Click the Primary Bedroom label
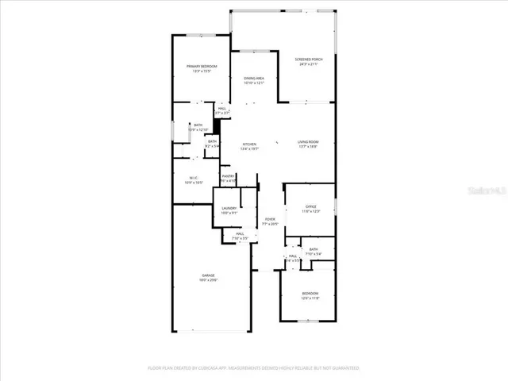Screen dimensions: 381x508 tap(202, 66)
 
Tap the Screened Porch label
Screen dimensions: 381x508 tap(308, 60)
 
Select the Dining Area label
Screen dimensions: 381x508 tap(253, 79)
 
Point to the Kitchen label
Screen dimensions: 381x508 tap(249, 144)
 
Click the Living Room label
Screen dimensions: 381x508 tap(308, 142)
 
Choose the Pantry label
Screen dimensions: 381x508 tap(228, 176)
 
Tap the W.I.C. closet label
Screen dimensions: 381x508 tap(193, 177)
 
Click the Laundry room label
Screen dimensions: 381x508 tap(229, 208)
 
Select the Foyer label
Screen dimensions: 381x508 tap(270, 220)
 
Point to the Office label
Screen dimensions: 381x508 tap(308, 207)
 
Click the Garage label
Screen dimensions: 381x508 tap(208, 275)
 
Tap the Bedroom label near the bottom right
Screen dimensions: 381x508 tap(310, 293)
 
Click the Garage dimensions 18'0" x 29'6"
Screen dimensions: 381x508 tap(208, 280)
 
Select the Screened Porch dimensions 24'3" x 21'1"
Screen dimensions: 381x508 tap(308, 64)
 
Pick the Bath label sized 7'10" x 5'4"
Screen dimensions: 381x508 tap(313, 250)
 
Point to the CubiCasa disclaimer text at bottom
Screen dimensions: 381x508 tap(254, 368)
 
